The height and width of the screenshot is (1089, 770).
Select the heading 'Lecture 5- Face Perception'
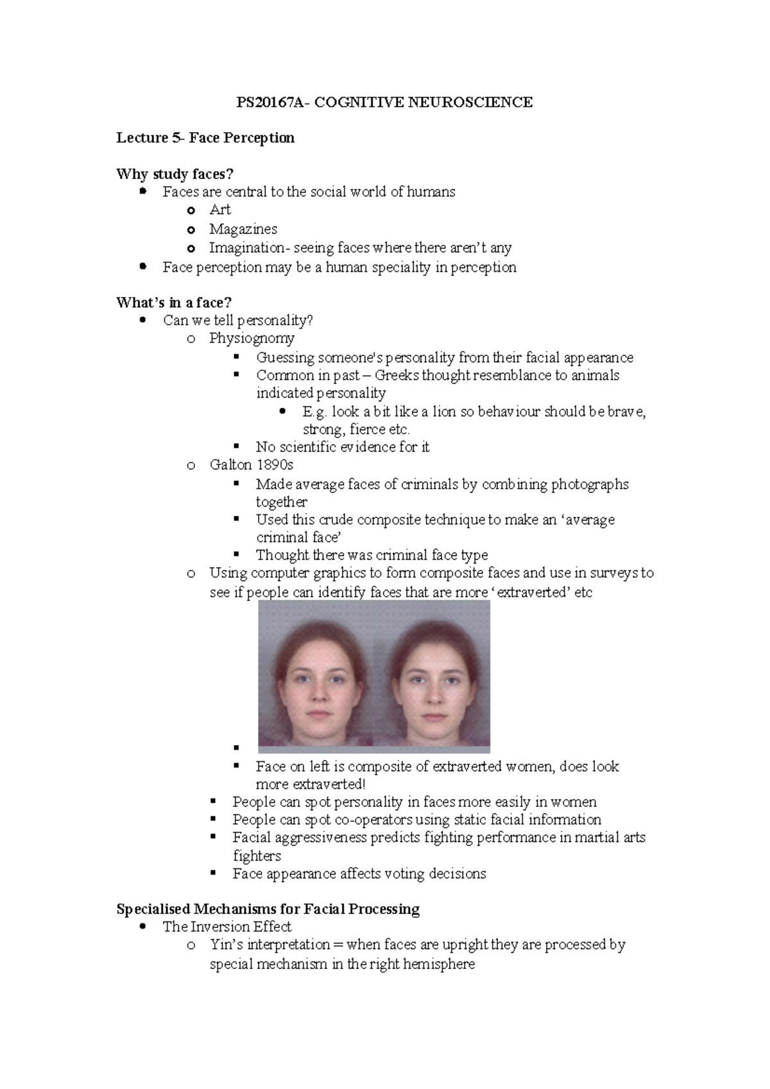(205, 138)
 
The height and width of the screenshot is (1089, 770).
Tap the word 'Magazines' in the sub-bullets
(243, 229)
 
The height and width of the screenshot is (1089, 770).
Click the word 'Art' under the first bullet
(219, 210)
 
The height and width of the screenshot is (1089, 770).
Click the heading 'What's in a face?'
(173, 302)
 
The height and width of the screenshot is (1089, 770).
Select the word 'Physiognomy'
(252, 338)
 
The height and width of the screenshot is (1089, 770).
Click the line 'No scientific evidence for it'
(342, 447)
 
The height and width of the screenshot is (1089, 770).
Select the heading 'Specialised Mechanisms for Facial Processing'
(268, 909)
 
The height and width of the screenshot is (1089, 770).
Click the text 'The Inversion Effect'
(227, 927)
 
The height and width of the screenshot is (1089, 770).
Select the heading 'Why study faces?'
(175, 174)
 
